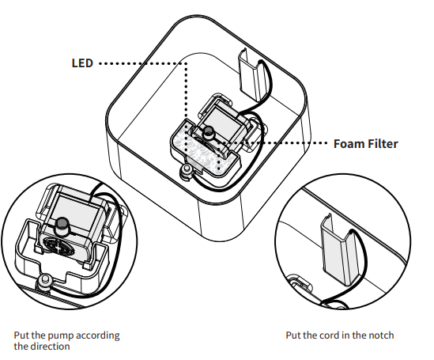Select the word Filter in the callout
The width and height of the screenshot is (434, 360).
[381, 144]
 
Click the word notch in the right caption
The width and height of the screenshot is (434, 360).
[379, 335]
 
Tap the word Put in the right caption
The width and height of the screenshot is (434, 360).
[293, 335]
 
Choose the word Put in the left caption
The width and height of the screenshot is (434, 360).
[21, 335]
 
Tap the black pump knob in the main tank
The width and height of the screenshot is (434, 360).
[209, 132]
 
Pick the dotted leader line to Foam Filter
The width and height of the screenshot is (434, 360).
[285, 144]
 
